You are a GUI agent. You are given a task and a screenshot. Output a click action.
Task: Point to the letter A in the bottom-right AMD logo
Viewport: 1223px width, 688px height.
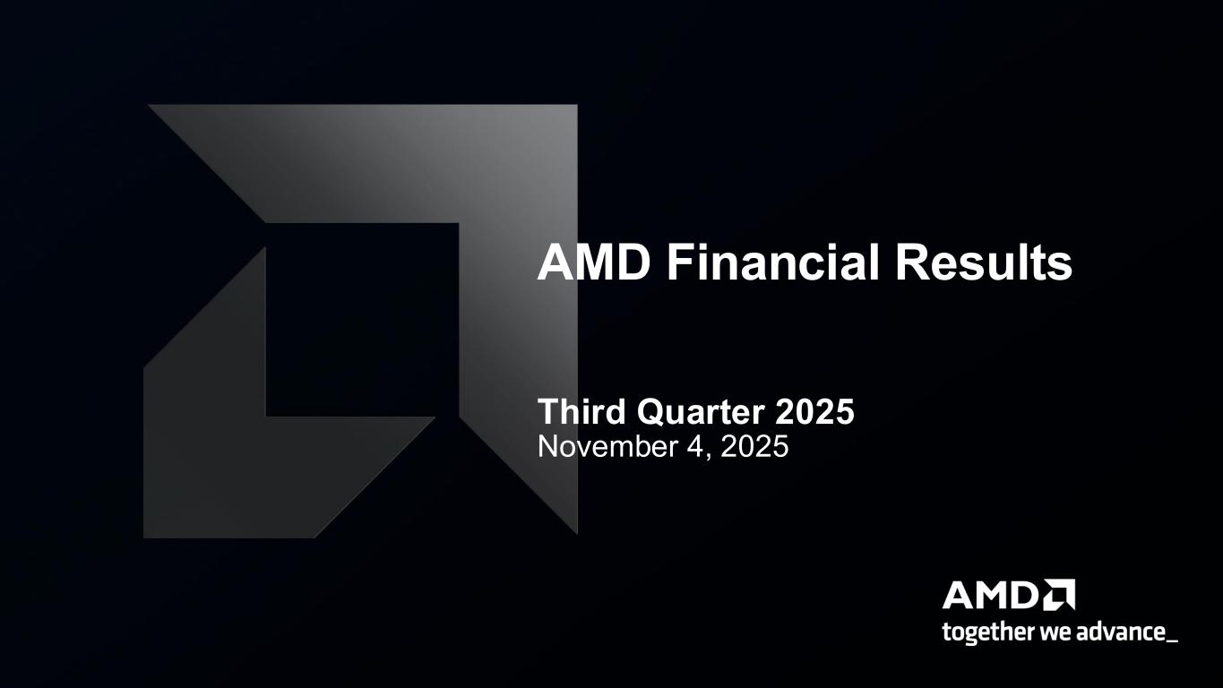tap(958, 596)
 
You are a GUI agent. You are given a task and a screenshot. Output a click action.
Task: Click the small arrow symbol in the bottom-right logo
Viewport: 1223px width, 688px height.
tap(1060, 595)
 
